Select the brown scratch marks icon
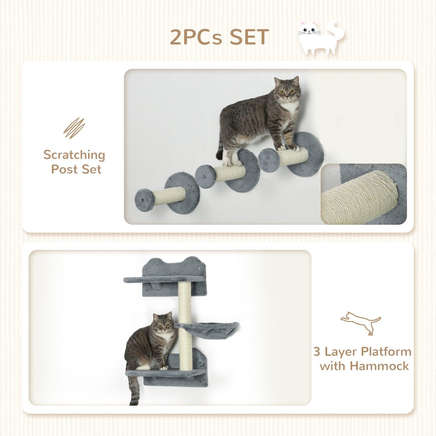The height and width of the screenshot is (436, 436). (74, 128)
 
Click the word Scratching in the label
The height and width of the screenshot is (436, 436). (74, 155)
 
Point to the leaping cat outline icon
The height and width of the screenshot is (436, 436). (361, 323)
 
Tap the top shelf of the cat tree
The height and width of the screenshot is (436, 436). (158, 279)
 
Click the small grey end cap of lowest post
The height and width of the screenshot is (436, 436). (145, 200)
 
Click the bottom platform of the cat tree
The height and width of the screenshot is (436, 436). (165, 373)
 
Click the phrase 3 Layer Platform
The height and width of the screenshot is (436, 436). (362, 351)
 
